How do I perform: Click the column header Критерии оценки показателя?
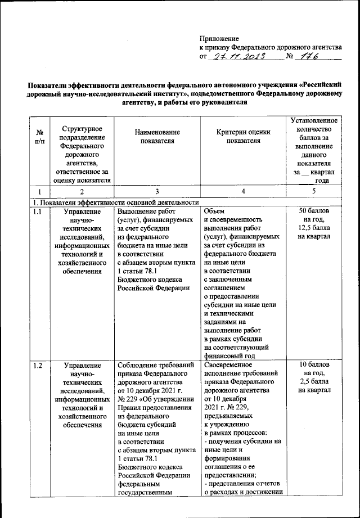(243, 136)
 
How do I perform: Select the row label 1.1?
(37, 211)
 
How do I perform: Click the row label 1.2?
(37, 366)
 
